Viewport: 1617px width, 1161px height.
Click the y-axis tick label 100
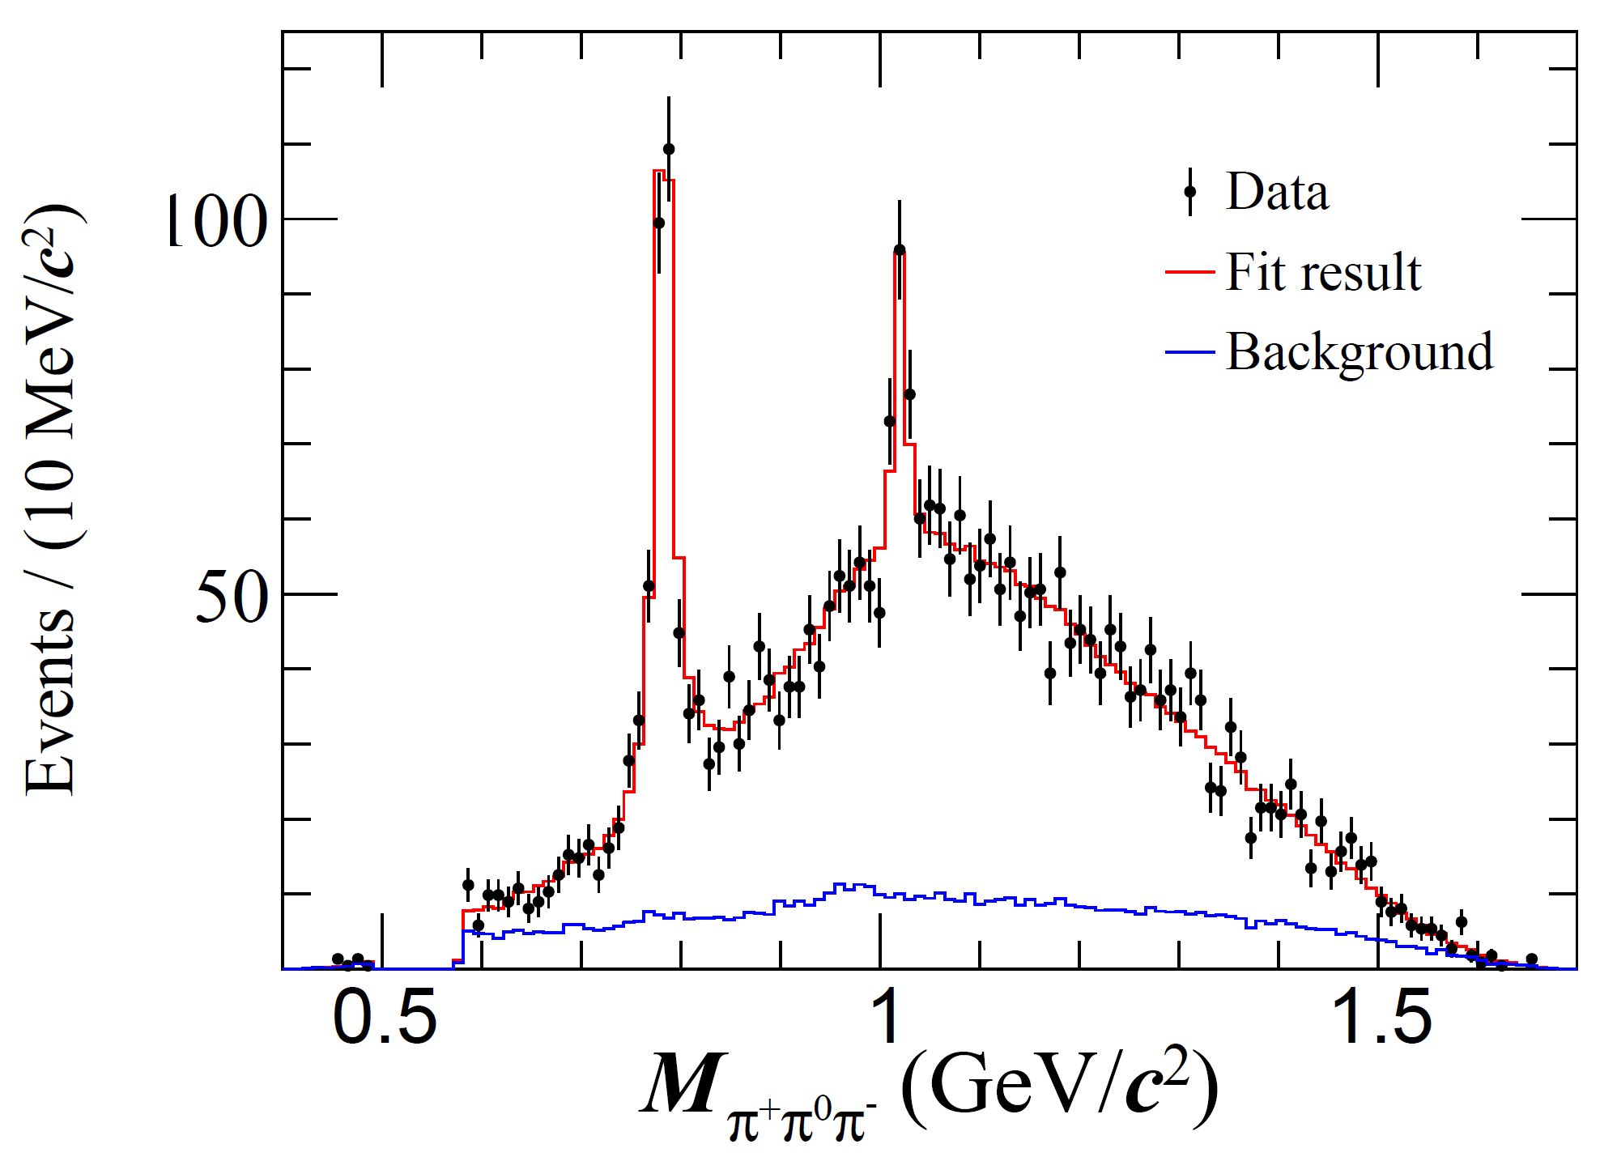click(215, 222)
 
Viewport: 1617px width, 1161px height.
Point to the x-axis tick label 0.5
click(385, 1017)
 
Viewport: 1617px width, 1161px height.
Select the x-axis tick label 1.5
click(1381, 1017)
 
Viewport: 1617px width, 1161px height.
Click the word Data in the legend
click(1277, 192)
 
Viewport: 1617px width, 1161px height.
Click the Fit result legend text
click(1323, 272)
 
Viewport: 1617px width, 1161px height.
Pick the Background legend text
click(1360, 352)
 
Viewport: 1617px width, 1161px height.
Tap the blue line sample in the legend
click(1189, 352)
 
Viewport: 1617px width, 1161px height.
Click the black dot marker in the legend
click(1189, 192)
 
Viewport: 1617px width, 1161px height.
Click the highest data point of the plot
click(669, 149)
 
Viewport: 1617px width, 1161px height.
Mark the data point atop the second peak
click(900, 250)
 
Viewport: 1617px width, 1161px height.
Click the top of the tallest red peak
click(659, 171)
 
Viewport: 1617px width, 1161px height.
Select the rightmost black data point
click(1531, 959)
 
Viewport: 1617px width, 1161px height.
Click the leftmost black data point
click(338, 959)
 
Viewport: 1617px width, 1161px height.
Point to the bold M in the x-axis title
click(683, 1085)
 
